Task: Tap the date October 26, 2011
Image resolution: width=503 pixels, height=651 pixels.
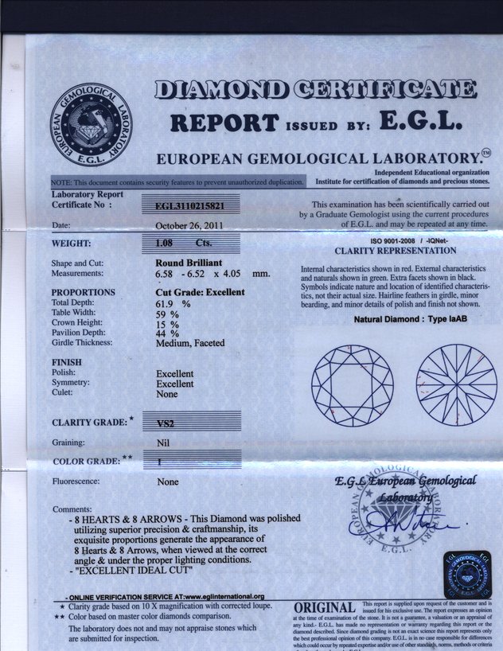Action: pyautogui.click(x=188, y=225)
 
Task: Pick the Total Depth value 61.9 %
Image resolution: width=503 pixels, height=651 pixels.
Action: pyautogui.click(x=174, y=303)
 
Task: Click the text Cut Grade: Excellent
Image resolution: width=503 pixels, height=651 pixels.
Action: pyautogui.click(x=200, y=292)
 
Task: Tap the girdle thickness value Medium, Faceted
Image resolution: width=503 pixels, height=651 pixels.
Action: pyautogui.click(x=191, y=343)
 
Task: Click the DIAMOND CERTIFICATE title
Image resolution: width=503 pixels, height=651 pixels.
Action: pyautogui.click(x=315, y=88)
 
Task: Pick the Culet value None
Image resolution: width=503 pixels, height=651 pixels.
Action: pyautogui.click(x=167, y=393)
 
